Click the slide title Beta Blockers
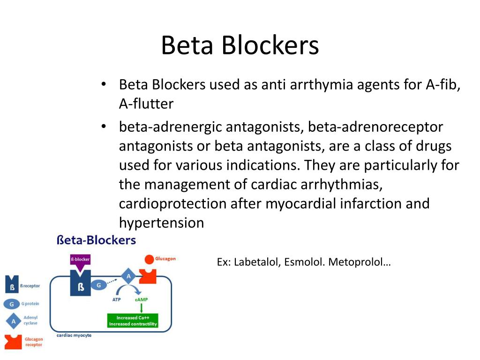click(x=240, y=46)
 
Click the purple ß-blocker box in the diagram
click(x=80, y=259)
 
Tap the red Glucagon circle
click(x=149, y=259)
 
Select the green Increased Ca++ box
click(x=133, y=321)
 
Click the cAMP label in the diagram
click(x=142, y=299)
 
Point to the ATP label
click(x=117, y=299)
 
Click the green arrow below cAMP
click(x=142, y=308)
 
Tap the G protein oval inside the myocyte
click(x=99, y=285)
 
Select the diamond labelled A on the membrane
click(x=128, y=276)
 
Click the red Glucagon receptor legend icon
click(x=13, y=342)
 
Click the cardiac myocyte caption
click(x=74, y=335)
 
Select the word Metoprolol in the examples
click(x=359, y=262)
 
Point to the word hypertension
click(x=161, y=223)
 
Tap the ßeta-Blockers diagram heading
click(x=96, y=240)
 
